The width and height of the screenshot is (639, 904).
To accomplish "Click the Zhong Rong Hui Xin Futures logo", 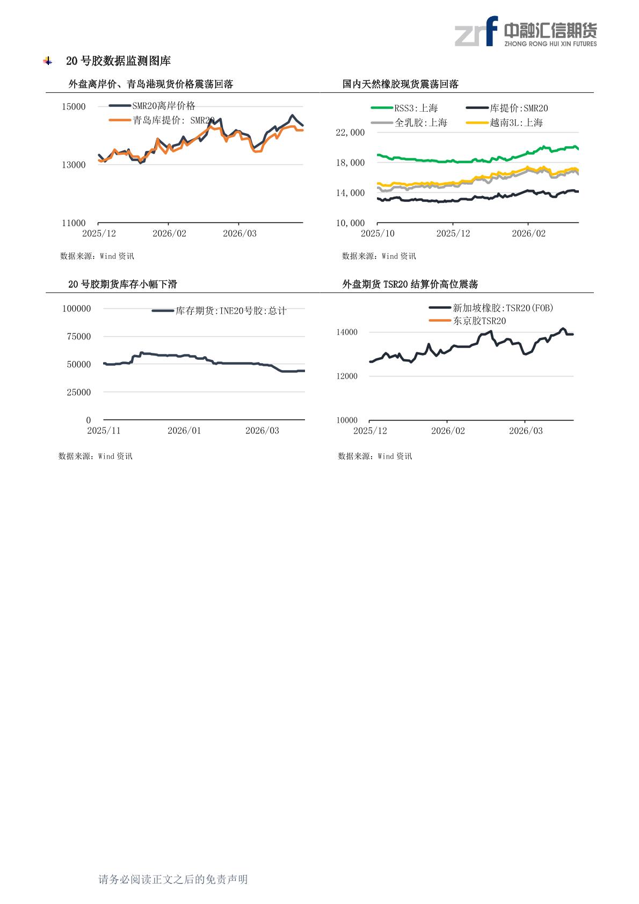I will (525, 32).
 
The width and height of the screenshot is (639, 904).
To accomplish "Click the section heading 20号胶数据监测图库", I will (118, 61).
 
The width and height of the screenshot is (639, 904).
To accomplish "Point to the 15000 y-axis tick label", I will (74, 107).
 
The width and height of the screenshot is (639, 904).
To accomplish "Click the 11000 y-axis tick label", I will (74, 223).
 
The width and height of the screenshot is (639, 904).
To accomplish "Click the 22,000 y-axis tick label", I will (350, 133).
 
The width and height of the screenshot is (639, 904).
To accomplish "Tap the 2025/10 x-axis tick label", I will (377, 234).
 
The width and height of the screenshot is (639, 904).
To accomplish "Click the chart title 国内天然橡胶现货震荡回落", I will (401, 84).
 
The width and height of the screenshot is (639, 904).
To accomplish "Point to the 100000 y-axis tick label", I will (77, 308).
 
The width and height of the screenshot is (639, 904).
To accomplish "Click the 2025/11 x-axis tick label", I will (104, 431).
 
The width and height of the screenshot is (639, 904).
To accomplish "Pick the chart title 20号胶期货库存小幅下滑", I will (122, 284).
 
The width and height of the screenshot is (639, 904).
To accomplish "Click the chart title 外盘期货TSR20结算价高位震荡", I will (410, 284).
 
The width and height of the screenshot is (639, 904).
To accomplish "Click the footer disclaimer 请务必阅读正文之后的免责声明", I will (173, 879).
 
